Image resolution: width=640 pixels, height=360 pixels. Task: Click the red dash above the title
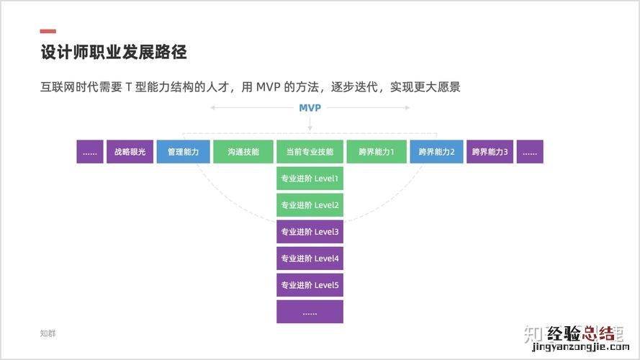(48, 31)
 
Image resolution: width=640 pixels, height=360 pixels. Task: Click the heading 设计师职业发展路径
(114, 53)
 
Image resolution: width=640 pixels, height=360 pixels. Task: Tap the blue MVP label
(310, 108)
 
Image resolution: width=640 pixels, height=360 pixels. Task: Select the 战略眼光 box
(130, 152)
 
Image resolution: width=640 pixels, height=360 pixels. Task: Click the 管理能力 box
(183, 152)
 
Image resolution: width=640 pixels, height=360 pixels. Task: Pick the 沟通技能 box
(243, 152)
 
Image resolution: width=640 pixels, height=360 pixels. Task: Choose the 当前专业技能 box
(310, 152)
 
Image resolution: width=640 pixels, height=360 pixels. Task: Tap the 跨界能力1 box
(377, 152)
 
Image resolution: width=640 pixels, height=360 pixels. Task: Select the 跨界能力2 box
(436, 152)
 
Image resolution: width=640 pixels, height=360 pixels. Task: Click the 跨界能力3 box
(490, 152)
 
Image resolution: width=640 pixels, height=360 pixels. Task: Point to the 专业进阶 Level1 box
(310, 179)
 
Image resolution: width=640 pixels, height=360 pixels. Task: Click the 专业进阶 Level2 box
(310, 205)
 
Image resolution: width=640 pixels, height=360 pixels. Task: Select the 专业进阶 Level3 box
(310, 232)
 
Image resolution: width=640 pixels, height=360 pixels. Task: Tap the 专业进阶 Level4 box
(310, 258)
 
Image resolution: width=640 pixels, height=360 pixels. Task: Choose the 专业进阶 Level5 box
(310, 285)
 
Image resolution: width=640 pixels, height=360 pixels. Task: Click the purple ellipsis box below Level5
(310, 312)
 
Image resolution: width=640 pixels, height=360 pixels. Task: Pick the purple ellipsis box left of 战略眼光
(90, 152)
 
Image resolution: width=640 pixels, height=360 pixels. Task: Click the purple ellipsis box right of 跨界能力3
(530, 152)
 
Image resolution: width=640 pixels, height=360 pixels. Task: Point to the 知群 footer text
(48, 333)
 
